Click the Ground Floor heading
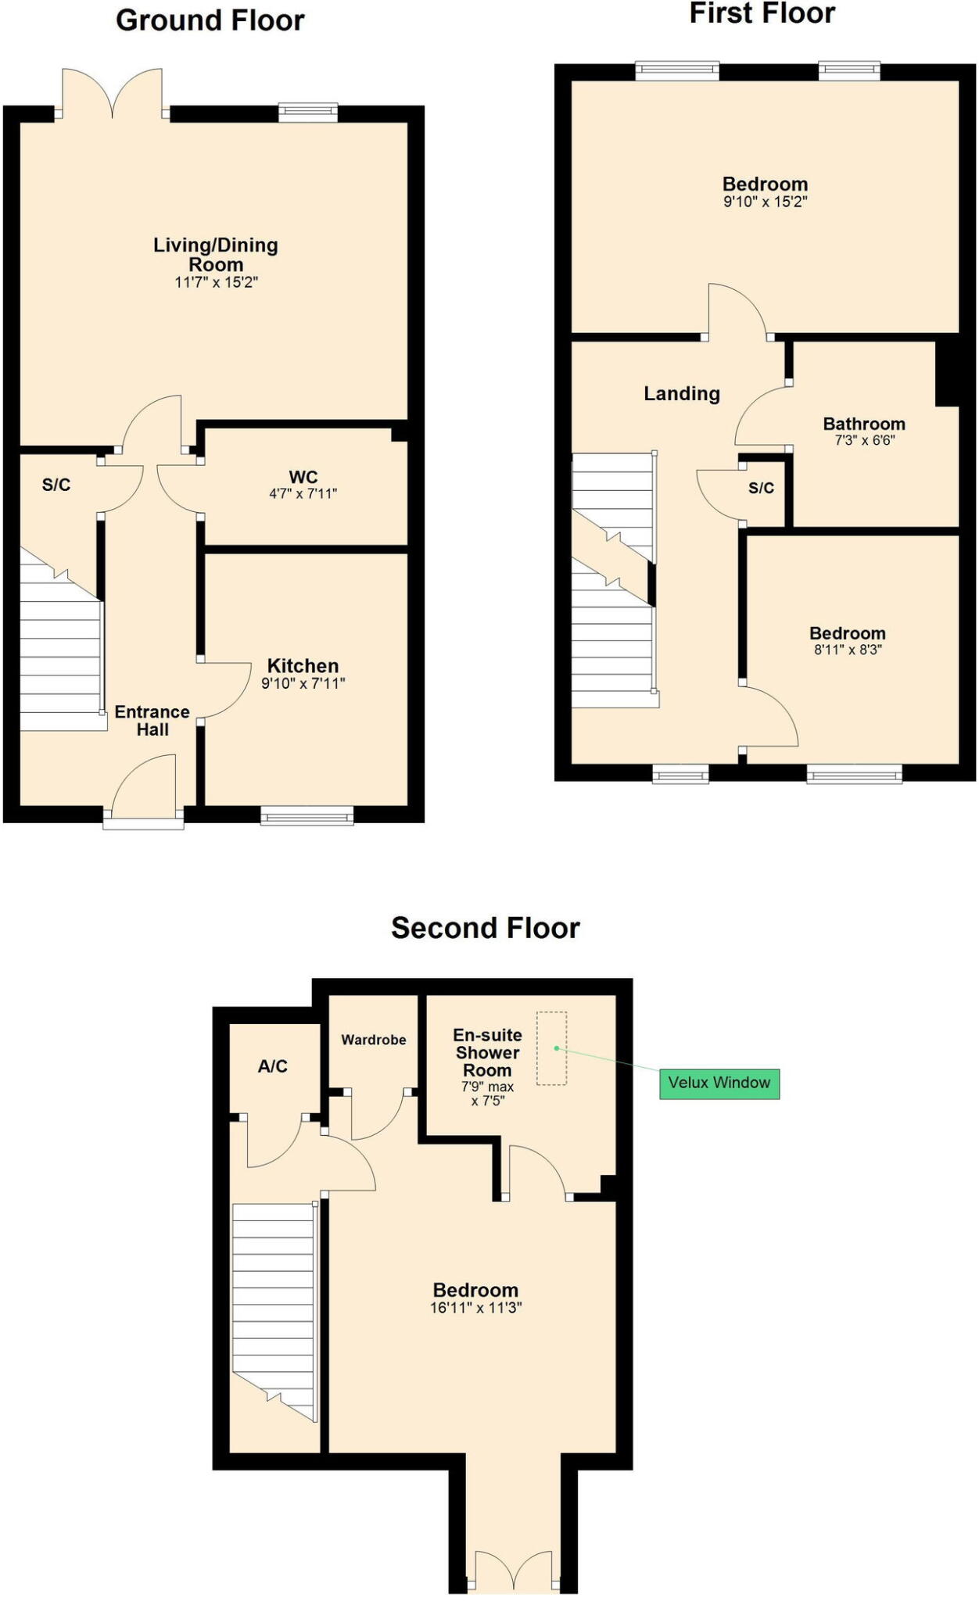(x=210, y=20)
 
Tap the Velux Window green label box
(x=719, y=1083)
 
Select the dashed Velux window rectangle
(x=551, y=1048)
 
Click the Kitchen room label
(x=303, y=666)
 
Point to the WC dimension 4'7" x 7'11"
(x=303, y=494)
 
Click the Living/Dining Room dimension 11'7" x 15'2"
(x=216, y=282)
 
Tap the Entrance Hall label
(x=152, y=721)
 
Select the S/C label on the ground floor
(x=56, y=485)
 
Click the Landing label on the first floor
(x=681, y=394)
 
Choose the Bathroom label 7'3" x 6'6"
(x=864, y=431)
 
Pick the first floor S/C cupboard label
(x=761, y=489)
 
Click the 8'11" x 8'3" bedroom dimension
(x=848, y=650)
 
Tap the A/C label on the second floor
(x=273, y=1066)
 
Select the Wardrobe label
(x=374, y=1040)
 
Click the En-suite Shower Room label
(x=487, y=1053)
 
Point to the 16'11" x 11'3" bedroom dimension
(x=475, y=1308)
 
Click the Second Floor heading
(x=485, y=928)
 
